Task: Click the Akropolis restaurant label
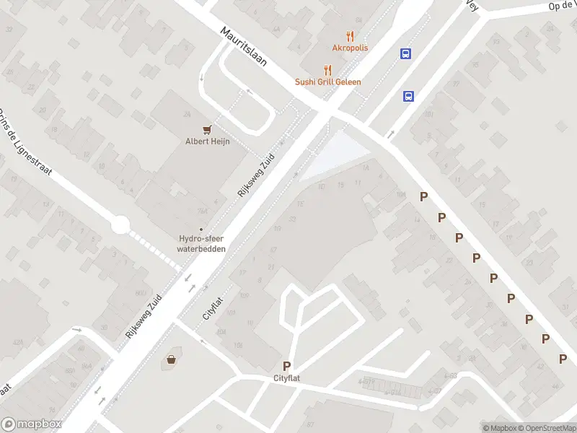350,48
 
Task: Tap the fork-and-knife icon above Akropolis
351,35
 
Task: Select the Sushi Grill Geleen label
327,82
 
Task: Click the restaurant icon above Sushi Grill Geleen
327,69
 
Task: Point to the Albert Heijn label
207,141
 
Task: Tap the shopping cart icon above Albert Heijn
208,129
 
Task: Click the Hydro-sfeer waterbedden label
201,244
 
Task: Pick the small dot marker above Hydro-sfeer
201,229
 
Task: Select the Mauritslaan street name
244,47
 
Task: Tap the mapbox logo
31,424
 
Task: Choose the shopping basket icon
172,359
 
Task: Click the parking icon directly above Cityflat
286,366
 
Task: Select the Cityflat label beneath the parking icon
286,378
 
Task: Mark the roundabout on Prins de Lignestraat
120,225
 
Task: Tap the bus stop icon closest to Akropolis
406,53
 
